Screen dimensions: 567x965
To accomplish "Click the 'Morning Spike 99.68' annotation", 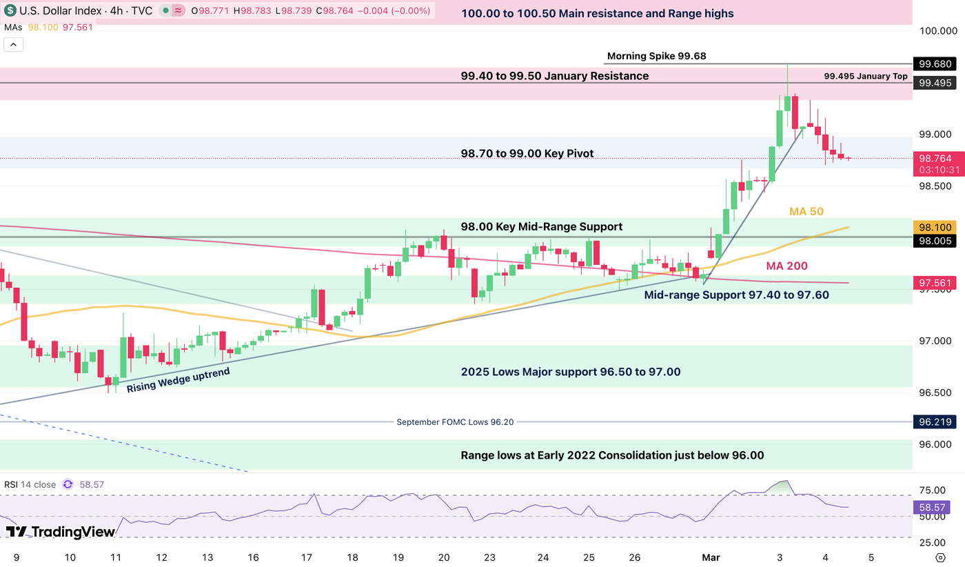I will pos(656,57).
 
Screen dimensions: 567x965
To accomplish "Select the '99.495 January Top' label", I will pos(866,77).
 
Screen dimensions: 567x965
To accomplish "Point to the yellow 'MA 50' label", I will pos(806,212).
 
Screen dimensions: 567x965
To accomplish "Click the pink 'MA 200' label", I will pos(786,266).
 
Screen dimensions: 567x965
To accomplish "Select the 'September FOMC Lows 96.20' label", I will pos(455,422).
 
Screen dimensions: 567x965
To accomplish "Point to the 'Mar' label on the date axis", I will pos(710,557).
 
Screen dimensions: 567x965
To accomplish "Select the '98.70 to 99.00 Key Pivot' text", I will pos(527,153).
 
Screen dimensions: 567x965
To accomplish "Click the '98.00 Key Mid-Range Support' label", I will pos(541,227).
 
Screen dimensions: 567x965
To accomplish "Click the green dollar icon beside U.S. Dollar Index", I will pos(10,11).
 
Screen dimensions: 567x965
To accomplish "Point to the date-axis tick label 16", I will pos(253,557).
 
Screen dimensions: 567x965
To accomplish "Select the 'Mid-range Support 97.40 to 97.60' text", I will pos(736,295).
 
